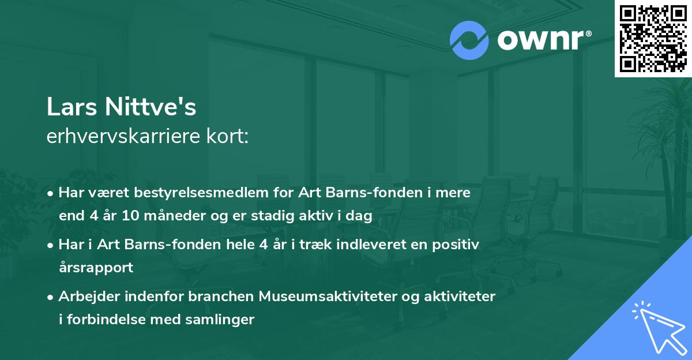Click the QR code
tap(653, 38)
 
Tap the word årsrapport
tap(96, 268)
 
